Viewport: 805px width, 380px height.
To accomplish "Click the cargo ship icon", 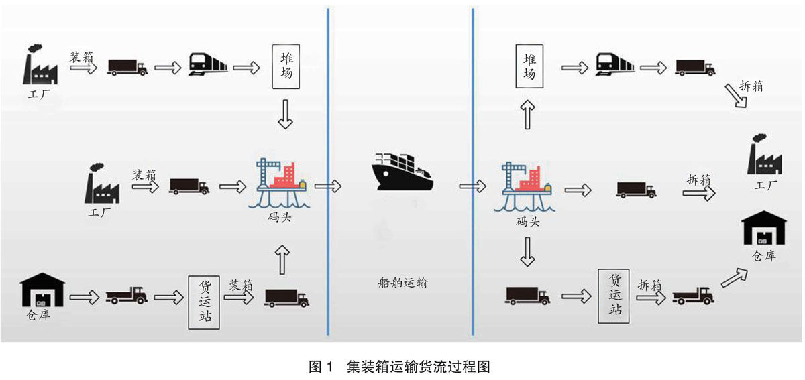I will (402, 173).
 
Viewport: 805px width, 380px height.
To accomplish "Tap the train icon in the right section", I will (614, 66).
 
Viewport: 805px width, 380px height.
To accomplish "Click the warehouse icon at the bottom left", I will (43, 290).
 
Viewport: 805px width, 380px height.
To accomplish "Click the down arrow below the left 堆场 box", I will (285, 115).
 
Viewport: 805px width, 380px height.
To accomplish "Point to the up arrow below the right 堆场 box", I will (529, 115).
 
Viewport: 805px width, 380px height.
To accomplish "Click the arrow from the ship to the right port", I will (473, 186).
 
